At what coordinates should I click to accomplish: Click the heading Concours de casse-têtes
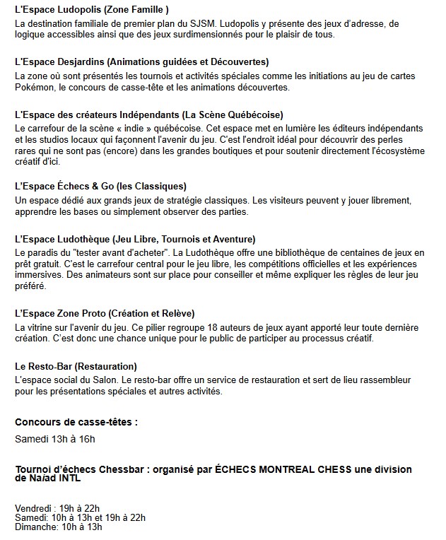click(76, 422)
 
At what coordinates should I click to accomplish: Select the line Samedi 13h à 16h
click(55, 439)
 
